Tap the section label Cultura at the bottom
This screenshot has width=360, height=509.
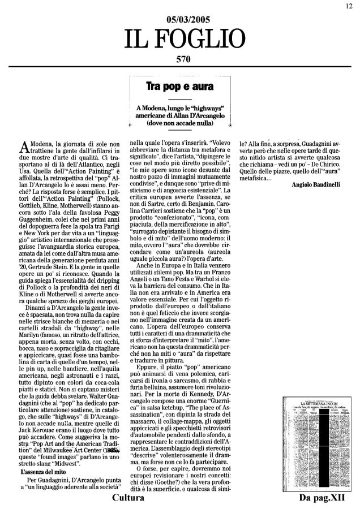(x=131, y=498)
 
